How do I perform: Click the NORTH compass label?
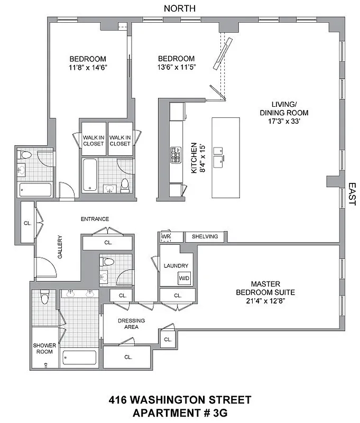coord(180,8)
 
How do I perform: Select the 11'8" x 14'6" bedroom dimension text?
coord(88,68)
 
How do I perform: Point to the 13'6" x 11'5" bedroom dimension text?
coord(176,68)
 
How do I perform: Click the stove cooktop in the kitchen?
coord(175,155)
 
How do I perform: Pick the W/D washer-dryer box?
coord(184,278)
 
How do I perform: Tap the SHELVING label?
coord(205,236)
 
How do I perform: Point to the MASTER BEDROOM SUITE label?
coord(265,288)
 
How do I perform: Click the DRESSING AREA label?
coord(131,324)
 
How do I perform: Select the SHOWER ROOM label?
coord(44,348)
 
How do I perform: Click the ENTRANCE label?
coord(95,219)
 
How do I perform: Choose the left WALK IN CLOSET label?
coord(93,140)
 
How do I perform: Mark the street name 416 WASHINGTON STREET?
coord(180,400)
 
